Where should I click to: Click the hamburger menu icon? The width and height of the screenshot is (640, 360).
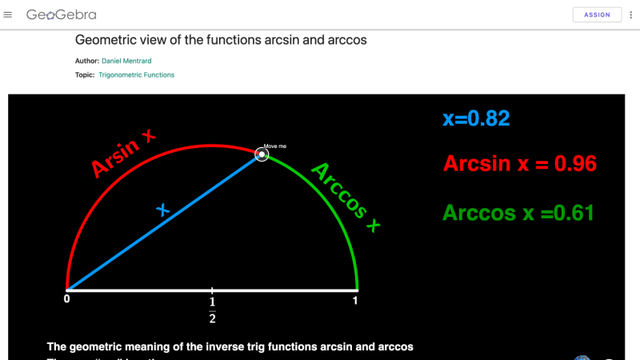[8, 14]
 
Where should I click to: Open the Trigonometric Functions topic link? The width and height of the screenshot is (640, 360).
[136, 75]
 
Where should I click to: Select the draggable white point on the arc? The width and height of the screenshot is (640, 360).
[262, 155]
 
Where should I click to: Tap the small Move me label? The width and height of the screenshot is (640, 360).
[274, 146]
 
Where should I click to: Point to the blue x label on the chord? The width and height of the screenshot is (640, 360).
[163, 210]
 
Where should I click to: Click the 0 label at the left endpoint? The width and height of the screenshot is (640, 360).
[67, 301]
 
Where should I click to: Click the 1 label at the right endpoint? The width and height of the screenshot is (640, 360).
[356, 301]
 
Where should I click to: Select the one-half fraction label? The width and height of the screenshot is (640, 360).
[212, 309]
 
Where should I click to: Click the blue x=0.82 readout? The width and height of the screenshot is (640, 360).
[476, 119]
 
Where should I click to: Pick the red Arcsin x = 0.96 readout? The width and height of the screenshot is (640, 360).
[520, 164]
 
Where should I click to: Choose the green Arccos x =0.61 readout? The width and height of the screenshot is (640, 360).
[518, 213]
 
